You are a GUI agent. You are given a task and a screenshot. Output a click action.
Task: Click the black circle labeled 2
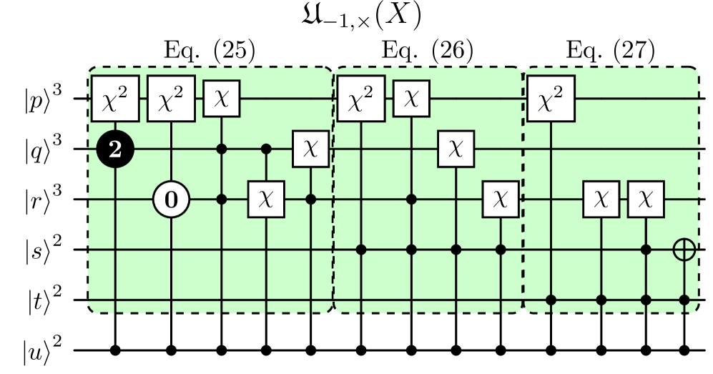[x=115, y=149]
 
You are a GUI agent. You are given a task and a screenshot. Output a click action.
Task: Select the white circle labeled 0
[x=171, y=200]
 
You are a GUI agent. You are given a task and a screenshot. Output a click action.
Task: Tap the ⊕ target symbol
[x=685, y=250]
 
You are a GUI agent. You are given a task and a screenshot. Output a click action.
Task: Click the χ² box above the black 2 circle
[x=115, y=99]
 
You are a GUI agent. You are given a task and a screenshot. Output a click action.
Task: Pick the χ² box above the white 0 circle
[x=171, y=99]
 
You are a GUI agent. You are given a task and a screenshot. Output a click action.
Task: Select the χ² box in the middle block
[x=361, y=99]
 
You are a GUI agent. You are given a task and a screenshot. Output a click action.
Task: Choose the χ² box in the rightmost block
[x=551, y=99]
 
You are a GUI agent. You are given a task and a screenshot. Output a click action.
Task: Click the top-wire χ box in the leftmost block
[x=222, y=99]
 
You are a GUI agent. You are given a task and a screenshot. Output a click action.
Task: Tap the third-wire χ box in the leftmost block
[x=266, y=200]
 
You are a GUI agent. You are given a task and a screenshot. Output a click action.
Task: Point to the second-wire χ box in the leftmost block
[x=311, y=149]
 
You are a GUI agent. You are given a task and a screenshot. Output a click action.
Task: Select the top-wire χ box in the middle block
[x=411, y=99]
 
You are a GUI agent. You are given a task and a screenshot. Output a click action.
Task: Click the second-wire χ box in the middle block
[x=456, y=149]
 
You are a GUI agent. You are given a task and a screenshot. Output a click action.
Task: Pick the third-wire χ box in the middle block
[x=501, y=200]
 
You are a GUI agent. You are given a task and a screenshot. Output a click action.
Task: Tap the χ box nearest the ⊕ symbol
[x=646, y=200]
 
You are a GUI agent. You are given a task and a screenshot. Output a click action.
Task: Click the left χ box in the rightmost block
[x=601, y=200]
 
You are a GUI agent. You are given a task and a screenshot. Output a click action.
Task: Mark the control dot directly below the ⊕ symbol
[x=685, y=300]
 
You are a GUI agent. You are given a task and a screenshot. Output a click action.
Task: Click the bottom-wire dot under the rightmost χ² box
[x=551, y=300]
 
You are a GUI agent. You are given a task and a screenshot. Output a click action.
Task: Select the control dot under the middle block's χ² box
[x=361, y=250]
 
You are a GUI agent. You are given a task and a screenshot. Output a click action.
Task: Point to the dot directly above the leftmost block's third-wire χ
[x=266, y=149]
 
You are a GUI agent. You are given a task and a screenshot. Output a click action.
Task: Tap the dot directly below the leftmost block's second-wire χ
[x=311, y=200]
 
